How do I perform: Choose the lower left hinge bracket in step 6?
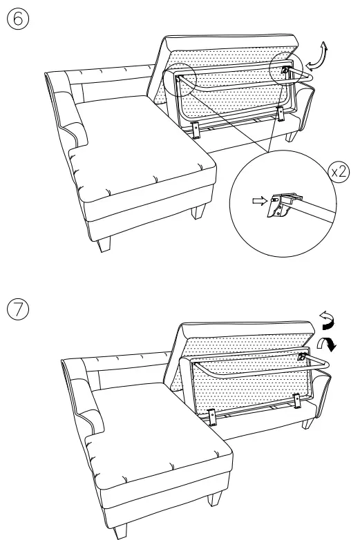tap(196, 128)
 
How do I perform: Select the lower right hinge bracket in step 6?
tap(280, 113)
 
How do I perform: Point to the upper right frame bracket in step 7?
tap(301, 358)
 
